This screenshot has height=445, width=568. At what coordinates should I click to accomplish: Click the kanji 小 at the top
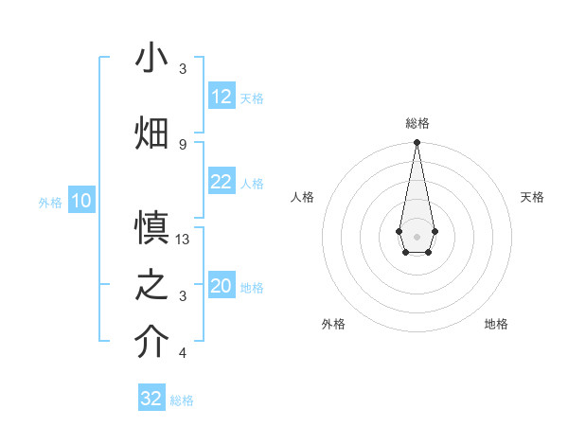tap(152, 59)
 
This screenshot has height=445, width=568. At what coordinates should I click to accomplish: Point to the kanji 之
tap(152, 285)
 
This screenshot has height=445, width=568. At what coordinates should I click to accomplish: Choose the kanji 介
tap(152, 342)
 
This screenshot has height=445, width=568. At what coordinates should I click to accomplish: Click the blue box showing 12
tap(222, 97)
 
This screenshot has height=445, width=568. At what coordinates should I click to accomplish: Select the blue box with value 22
tap(222, 182)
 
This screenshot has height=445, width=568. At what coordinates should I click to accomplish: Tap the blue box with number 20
tap(222, 286)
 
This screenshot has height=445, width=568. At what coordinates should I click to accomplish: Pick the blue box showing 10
tap(81, 201)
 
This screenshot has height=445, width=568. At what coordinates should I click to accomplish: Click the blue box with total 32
tap(151, 399)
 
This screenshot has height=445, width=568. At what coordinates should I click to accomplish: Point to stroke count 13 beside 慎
tap(184, 240)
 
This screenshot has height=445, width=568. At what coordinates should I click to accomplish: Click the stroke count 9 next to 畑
tap(183, 144)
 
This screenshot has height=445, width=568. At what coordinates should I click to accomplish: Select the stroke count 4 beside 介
tap(183, 353)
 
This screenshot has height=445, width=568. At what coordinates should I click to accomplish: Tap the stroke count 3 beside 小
tap(183, 69)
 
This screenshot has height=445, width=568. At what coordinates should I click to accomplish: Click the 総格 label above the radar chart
tap(417, 123)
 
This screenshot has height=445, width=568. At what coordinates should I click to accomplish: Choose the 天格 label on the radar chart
tap(533, 197)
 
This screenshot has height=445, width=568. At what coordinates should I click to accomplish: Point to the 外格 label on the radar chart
tap(333, 324)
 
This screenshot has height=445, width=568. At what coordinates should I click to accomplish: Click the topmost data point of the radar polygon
tap(417, 143)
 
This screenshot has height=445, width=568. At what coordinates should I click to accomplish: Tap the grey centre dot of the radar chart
tap(417, 235)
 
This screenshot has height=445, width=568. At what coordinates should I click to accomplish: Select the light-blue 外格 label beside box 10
tap(50, 202)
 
